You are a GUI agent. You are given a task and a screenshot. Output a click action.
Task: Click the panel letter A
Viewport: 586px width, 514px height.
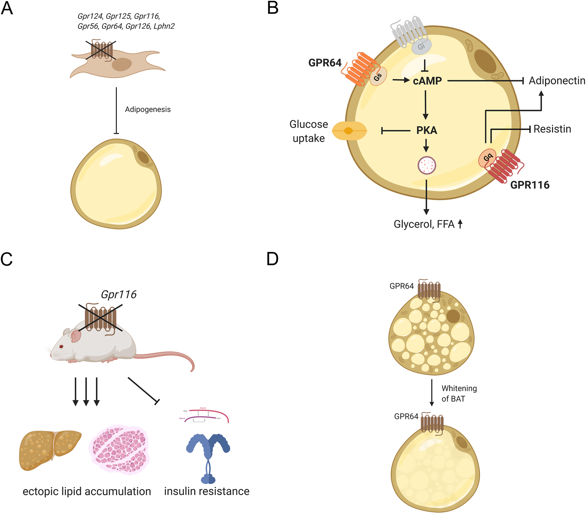click(x=7, y=8)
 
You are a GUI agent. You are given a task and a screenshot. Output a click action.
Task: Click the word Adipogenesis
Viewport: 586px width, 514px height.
click(x=148, y=109)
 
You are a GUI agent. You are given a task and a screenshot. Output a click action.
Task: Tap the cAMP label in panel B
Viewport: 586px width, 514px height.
click(x=427, y=81)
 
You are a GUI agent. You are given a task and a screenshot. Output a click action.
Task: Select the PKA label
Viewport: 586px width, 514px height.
click(x=426, y=130)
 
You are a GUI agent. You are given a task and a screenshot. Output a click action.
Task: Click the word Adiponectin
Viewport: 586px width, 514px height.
click(x=557, y=81)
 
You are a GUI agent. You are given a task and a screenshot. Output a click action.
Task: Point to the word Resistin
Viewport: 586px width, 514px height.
click(x=552, y=129)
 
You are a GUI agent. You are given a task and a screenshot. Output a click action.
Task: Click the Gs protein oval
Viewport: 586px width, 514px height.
click(x=378, y=76)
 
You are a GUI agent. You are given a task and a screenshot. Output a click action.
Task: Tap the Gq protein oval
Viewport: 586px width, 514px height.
click(x=487, y=158)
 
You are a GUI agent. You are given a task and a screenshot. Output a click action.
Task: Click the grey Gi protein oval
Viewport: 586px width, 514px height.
click(x=421, y=46)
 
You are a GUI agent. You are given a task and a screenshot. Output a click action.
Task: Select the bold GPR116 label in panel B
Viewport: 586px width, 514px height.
click(x=529, y=185)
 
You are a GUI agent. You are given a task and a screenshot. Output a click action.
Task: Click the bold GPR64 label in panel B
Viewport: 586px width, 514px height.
click(x=325, y=63)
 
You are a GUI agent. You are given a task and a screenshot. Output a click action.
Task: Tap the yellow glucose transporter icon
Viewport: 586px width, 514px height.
click(x=349, y=131)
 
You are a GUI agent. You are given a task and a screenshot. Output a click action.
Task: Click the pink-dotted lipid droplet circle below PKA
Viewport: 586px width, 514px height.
click(x=426, y=165)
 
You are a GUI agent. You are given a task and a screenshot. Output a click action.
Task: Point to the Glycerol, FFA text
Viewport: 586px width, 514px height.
click(x=424, y=224)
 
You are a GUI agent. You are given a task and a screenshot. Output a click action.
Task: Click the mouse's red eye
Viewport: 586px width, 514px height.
click(x=61, y=347)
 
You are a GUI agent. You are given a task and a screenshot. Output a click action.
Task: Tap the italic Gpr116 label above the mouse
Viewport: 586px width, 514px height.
click(x=119, y=294)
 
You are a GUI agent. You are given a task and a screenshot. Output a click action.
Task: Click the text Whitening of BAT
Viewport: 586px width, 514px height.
click(x=459, y=394)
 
